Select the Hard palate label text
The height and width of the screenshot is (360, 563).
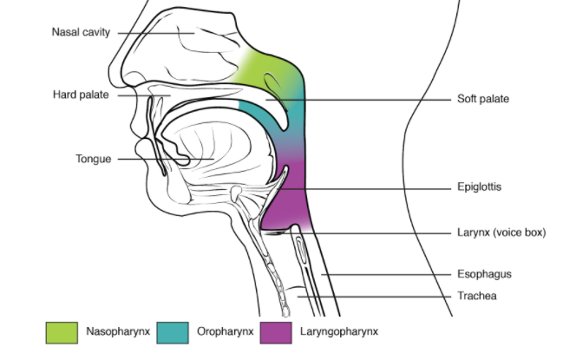[x=81, y=95]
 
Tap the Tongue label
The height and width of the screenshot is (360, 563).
[x=93, y=159]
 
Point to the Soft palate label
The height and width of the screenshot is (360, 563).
[x=482, y=99]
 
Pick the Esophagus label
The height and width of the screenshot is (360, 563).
[x=483, y=274]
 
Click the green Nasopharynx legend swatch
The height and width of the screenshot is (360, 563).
[x=60, y=331]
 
